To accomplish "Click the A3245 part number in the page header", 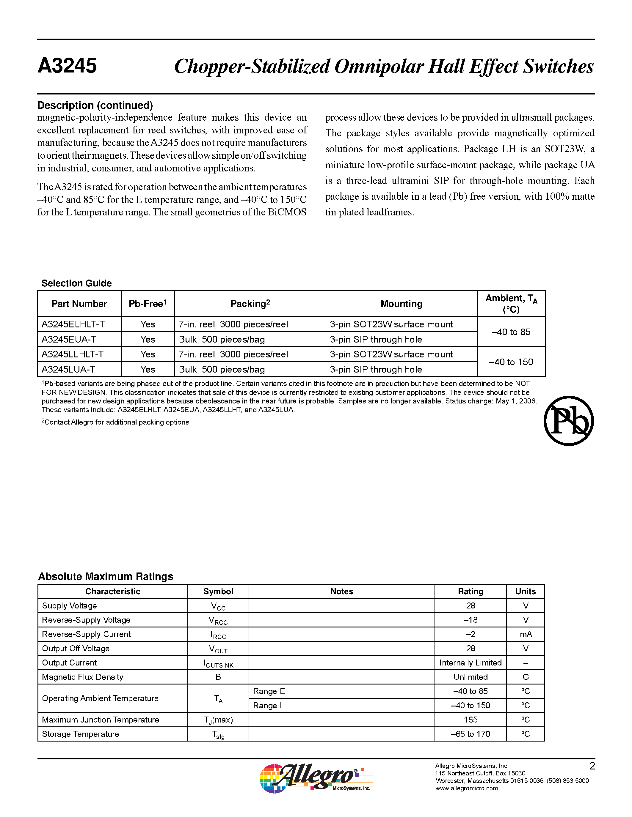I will click(x=68, y=66).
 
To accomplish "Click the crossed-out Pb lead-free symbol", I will click(x=568, y=421).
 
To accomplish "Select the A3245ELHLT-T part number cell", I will click(x=73, y=324).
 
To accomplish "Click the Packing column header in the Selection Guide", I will click(x=250, y=304).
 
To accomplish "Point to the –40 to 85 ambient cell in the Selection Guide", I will click(x=511, y=332).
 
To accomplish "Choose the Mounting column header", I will click(x=402, y=304).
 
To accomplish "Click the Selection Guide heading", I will click(x=77, y=283).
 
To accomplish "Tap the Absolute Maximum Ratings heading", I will click(x=106, y=576).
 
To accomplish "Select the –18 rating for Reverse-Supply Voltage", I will click(x=470, y=620).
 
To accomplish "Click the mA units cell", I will click(x=526, y=634).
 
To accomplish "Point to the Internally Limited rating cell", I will click(x=470, y=663).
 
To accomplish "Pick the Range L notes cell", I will click(x=269, y=705).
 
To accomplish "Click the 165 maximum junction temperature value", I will click(x=470, y=719).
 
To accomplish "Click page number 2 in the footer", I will click(x=592, y=766).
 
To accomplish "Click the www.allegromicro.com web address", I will click(x=467, y=788).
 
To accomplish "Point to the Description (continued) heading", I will click(x=95, y=105).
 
